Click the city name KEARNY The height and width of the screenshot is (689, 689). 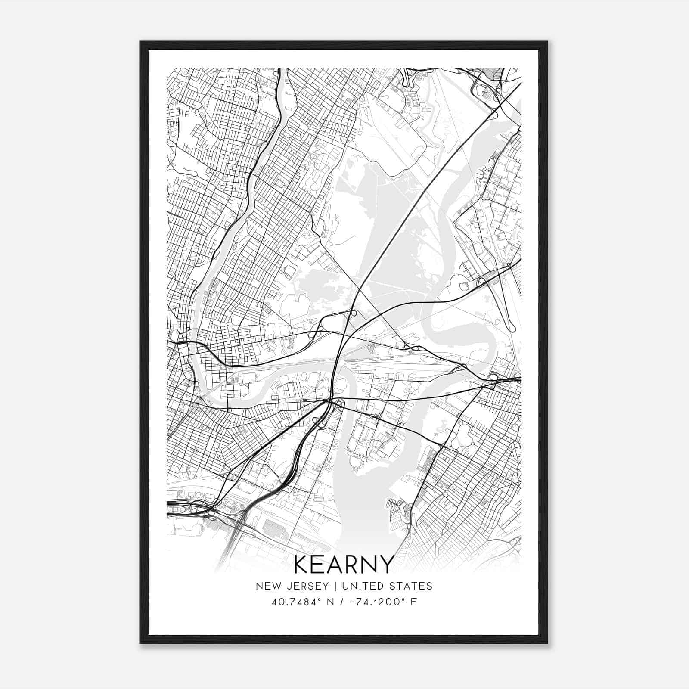click(x=344, y=565)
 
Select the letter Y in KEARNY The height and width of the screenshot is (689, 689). click(x=386, y=565)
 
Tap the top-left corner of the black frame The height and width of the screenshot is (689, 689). click(x=140, y=42)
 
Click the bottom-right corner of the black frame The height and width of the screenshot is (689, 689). click(x=547, y=643)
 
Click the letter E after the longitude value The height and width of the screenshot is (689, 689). click(x=414, y=602)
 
